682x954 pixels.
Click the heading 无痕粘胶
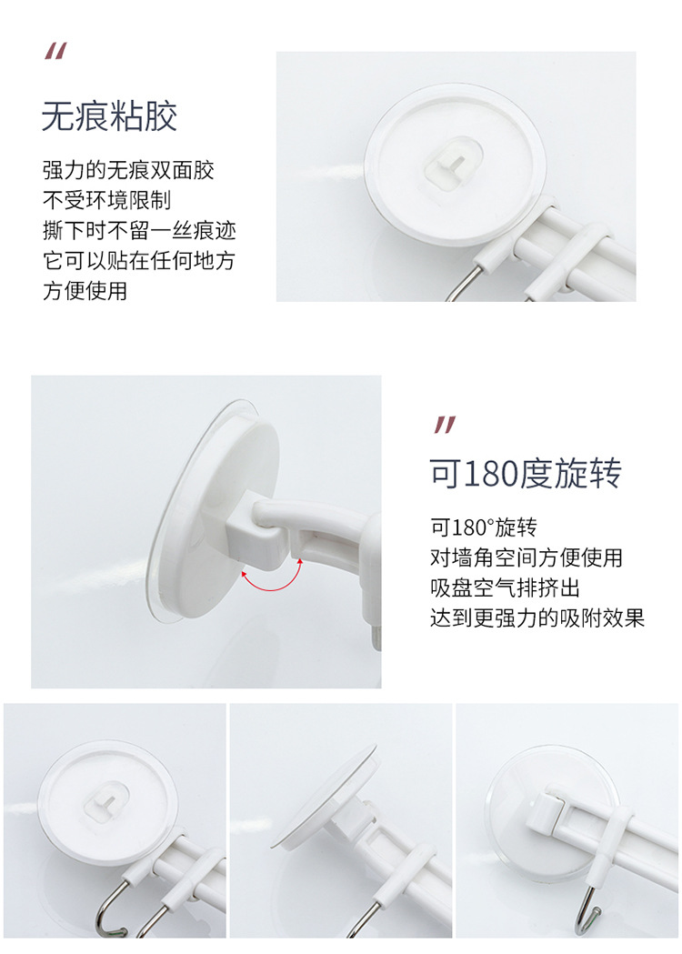(x=109, y=117)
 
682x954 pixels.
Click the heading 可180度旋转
(x=526, y=474)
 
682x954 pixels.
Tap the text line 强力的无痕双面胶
(x=128, y=170)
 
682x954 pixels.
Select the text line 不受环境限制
(x=106, y=200)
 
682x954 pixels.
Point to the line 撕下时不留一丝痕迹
(x=139, y=230)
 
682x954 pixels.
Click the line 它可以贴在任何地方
(x=139, y=261)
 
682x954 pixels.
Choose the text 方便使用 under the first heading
(x=85, y=291)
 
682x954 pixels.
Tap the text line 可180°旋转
(x=484, y=527)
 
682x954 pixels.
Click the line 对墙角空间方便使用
(x=527, y=557)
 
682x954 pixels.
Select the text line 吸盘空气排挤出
(x=505, y=587)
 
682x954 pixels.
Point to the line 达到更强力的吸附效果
(x=537, y=618)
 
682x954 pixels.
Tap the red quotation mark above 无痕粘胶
(x=55, y=52)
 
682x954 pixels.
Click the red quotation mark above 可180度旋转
(x=444, y=424)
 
